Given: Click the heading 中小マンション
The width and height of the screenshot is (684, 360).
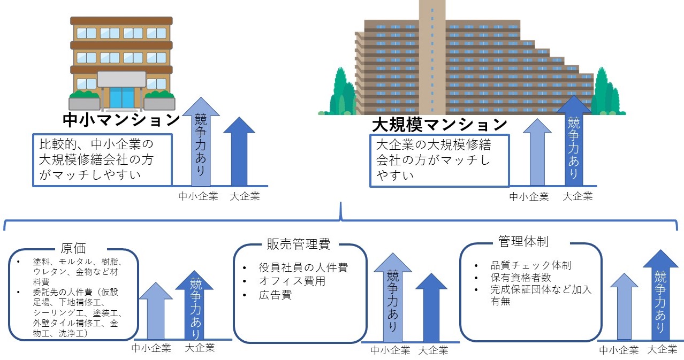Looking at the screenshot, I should point(121,119).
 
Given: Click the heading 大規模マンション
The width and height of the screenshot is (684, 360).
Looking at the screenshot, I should point(439,125).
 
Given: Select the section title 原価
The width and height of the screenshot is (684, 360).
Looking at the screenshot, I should point(81,248).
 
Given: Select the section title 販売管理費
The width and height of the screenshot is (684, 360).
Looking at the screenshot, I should point(298,244).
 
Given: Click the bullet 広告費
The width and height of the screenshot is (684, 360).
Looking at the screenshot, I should point(276,295).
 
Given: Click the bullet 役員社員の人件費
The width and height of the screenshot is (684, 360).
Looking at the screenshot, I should point(303,267).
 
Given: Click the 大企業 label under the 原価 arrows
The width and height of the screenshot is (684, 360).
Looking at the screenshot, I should point(200,348).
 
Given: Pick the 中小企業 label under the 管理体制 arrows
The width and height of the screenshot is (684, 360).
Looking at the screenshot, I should point(619,350).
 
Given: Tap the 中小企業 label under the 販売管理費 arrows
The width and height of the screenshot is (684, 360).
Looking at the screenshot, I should point(391,351).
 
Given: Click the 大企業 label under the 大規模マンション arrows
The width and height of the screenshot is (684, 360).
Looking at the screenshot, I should point(578,196).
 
